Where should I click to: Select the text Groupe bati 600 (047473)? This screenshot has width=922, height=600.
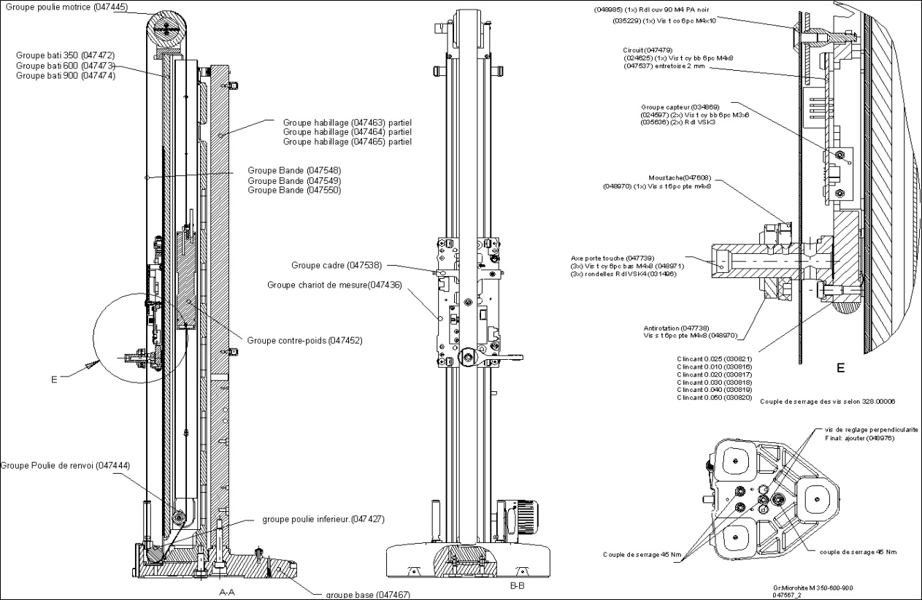point(65,65)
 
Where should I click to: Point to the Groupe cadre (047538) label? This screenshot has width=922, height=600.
point(336,266)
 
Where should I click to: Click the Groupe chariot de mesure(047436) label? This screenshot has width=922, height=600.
point(334,285)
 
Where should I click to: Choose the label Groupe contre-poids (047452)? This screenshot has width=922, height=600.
point(304,340)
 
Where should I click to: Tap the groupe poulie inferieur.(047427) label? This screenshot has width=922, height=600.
point(323,519)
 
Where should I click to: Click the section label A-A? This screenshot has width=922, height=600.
point(227,593)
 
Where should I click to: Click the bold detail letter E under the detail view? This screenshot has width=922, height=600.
point(840,369)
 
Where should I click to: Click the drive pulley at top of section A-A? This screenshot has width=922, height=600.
point(168,29)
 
